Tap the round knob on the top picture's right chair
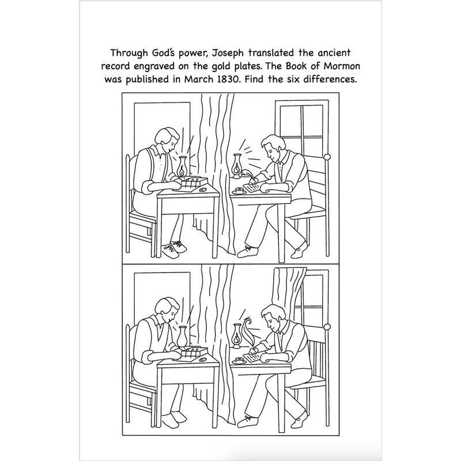point(327,157)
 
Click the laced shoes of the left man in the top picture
point(173,249)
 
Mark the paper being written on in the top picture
point(252,189)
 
